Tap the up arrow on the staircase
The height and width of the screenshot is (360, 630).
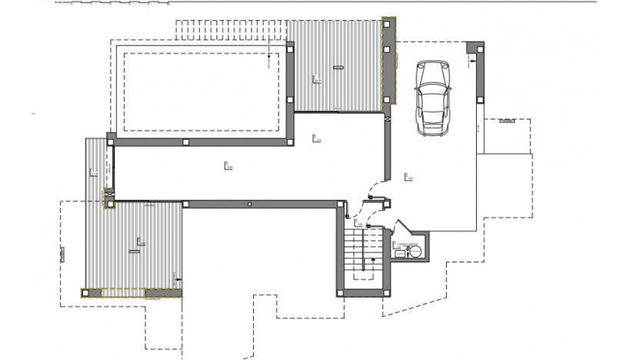[x=374, y=262]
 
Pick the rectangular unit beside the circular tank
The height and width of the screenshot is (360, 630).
[x=398, y=251]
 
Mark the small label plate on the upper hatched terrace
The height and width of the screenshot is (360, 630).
[x=336, y=68]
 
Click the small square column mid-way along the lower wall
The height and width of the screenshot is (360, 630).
[x=249, y=204]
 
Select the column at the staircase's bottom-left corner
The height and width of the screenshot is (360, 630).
[x=340, y=292]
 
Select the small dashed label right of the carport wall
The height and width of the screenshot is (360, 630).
[x=508, y=121]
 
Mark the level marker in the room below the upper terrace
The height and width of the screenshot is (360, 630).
[x=316, y=138]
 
